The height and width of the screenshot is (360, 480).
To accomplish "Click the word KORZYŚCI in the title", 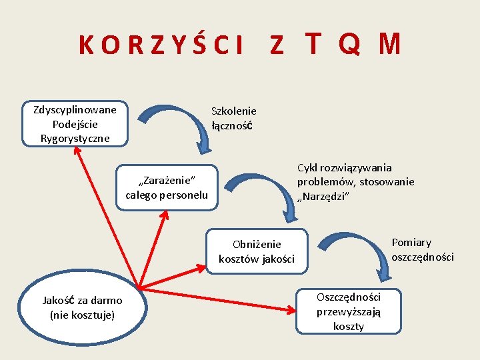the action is tap(160, 45).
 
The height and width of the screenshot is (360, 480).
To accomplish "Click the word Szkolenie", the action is tap(233, 111).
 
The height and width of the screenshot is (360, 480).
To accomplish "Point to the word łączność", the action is tap(231, 125).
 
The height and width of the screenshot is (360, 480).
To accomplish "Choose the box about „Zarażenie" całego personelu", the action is tap(167, 187).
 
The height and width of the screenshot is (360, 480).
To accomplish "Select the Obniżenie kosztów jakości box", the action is tap(257, 251).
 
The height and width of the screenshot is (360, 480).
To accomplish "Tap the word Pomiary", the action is tap(411, 243).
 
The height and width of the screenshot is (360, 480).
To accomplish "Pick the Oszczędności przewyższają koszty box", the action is tap(349, 311).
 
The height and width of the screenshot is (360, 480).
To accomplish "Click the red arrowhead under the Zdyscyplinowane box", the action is tap(77, 151).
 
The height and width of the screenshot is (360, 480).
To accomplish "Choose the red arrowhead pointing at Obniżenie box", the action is tap(202, 267).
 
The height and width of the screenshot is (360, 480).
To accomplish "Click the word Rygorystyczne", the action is tap(75, 138).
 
